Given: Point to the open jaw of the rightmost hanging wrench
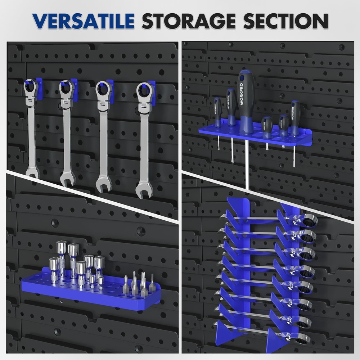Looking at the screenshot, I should pos(144,190).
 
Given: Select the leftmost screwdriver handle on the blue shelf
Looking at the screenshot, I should pos(218,112).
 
